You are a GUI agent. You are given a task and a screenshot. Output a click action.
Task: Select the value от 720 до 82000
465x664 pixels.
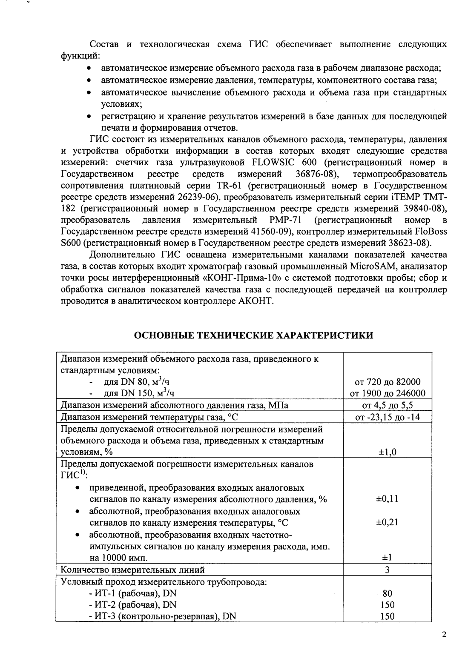pyautogui.click(x=387, y=382)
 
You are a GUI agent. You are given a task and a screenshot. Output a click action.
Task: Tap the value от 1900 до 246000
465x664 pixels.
pyautogui.click(x=387, y=393)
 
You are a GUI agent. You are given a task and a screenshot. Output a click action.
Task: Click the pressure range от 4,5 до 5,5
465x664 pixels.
pyautogui.click(x=387, y=405)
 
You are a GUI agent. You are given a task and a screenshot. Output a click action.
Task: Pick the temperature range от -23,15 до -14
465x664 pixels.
pyautogui.click(x=387, y=417)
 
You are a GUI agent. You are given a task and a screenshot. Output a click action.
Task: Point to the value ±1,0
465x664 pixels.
pyautogui.click(x=387, y=452)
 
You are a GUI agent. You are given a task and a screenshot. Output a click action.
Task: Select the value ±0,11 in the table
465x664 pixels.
pyautogui.click(x=387, y=499)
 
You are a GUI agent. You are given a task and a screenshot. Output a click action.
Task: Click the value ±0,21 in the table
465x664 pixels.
pyautogui.click(x=387, y=523)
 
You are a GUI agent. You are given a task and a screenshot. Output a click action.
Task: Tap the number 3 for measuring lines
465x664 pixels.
pyautogui.click(x=387, y=570)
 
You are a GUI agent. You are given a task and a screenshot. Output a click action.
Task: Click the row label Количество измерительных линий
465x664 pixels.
pyautogui.click(x=132, y=570)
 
